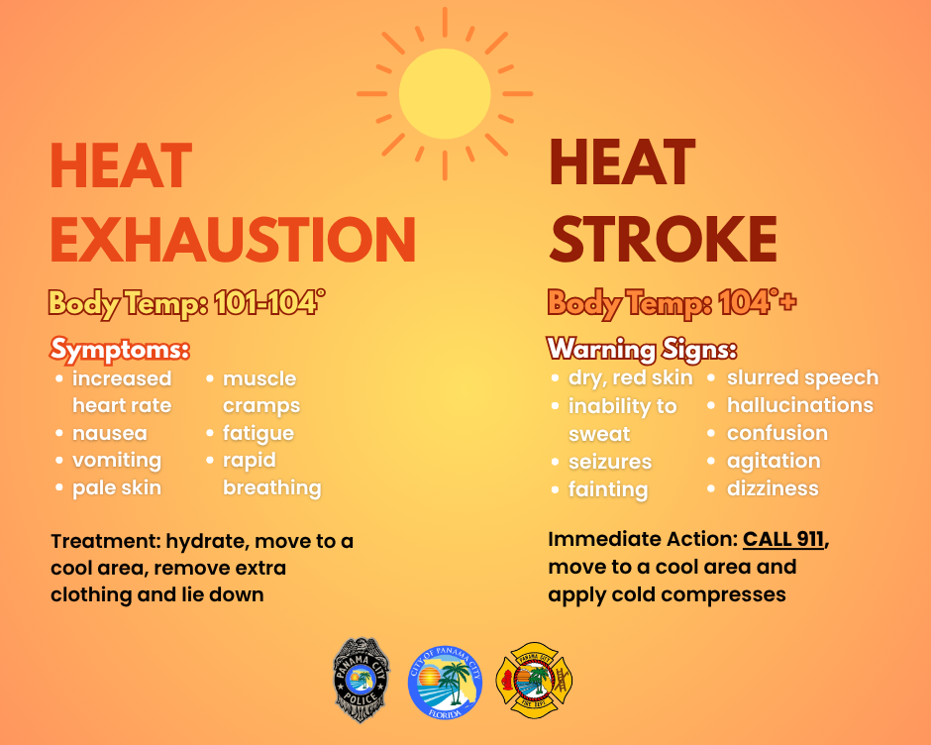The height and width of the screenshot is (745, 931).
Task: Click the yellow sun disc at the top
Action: coord(445,94)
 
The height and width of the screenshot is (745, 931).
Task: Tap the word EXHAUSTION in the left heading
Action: coord(233,239)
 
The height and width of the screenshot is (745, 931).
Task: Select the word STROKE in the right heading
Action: coord(663,239)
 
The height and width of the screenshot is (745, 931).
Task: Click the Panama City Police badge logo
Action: coord(362,680)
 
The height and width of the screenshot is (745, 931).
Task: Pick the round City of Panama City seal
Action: coord(445,681)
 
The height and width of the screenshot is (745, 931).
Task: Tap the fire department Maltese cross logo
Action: coord(534,681)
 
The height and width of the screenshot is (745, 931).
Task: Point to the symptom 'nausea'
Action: coord(109,433)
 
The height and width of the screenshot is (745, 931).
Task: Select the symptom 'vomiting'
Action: coord(116,460)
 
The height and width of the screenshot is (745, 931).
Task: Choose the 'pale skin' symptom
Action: coord(116,487)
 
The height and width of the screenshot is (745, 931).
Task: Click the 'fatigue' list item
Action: coord(258,433)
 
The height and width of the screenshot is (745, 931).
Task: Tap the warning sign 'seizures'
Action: coord(609,462)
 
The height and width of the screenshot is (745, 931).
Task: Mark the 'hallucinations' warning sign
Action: coord(799,405)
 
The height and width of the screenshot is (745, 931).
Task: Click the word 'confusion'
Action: coord(776,433)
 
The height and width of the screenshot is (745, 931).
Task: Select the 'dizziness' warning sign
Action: coord(773,488)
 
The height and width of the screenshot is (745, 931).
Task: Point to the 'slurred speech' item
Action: coord(802,377)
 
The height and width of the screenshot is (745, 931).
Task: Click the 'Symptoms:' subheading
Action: coord(120,350)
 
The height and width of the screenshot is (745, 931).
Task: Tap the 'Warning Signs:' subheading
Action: coord(642,350)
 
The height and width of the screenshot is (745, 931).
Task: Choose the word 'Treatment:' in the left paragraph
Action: coord(104,542)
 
